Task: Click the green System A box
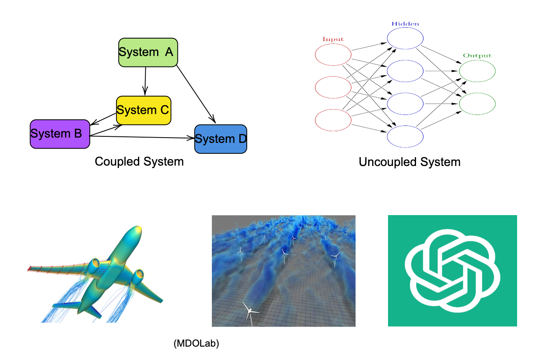tap(148, 52)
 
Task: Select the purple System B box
tap(60, 134)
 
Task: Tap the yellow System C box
tap(143, 110)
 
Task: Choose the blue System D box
tap(220, 139)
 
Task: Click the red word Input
tap(333, 39)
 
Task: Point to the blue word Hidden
tap(405, 24)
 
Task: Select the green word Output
tap(477, 56)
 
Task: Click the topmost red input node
tap(333, 55)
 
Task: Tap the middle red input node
tap(333, 87)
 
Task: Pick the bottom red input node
tap(333, 120)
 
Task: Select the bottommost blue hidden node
tap(405, 137)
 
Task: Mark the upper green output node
tap(477, 71)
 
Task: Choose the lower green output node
tap(477, 104)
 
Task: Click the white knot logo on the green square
tap(452, 271)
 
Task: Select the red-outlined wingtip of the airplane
tap(29, 269)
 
